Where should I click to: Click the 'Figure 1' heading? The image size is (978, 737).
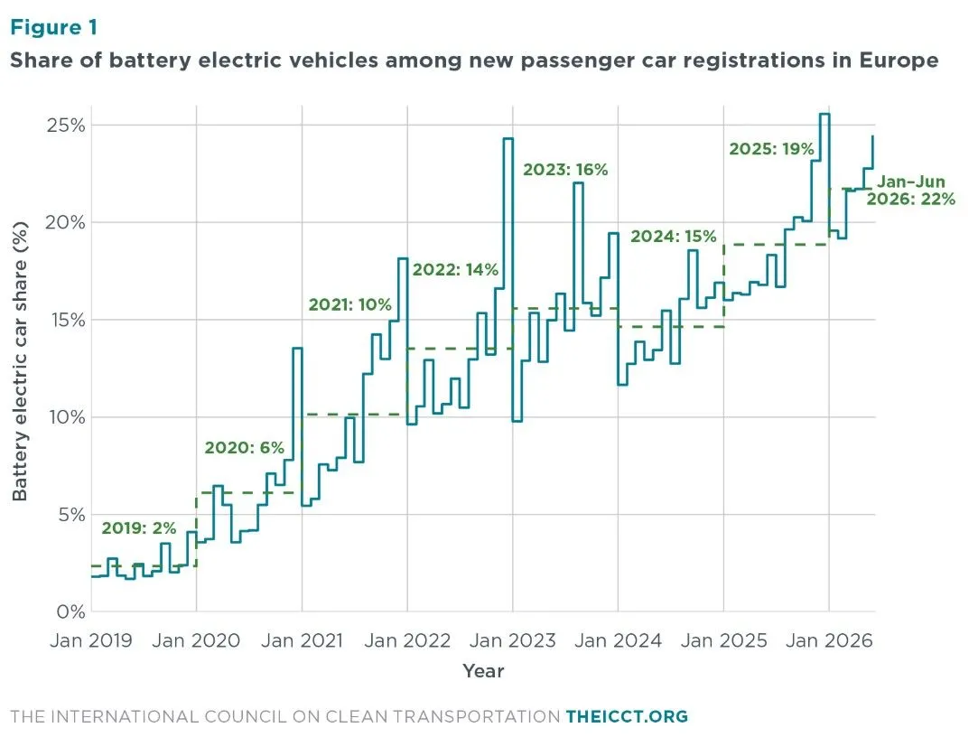click(x=54, y=27)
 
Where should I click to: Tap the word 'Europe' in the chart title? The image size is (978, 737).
click(x=899, y=61)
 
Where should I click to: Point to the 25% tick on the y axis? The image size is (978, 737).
click(x=66, y=126)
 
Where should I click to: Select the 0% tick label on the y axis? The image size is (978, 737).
click(x=70, y=611)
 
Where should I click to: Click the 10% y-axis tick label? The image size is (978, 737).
click(x=67, y=417)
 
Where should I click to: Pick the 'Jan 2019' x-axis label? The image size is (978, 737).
click(x=91, y=640)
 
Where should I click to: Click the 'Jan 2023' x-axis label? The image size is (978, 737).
click(x=513, y=640)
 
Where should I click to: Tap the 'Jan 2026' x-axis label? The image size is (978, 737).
click(x=829, y=640)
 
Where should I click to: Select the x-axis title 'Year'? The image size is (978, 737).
click(x=483, y=671)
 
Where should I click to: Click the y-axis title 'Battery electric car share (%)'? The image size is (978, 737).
click(x=20, y=361)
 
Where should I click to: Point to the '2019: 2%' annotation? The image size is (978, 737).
click(x=139, y=528)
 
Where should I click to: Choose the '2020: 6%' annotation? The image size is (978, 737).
click(x=245, y=447)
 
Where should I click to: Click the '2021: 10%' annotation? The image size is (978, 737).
click(x=349, y=304)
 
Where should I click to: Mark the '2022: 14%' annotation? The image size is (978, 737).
click(x=455, y=269)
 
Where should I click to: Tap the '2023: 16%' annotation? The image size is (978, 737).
click(x=565, y=170)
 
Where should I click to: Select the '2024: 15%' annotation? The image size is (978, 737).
click(x=674, y=237)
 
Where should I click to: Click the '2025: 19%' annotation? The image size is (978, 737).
click(x=771, y=149)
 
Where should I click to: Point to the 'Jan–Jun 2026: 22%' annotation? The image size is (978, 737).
click(x=911, y=191)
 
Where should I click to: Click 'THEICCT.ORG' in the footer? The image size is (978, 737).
click(x=627, y=716)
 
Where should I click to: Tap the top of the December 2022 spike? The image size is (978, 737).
click(x=508, y=138)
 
